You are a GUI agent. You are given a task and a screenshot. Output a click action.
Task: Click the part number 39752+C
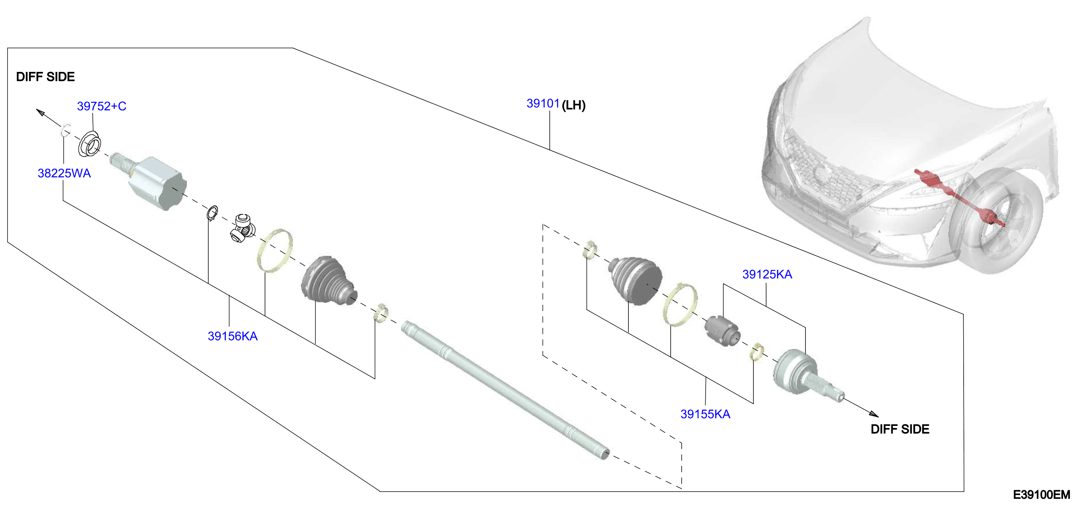(x=101, y=106)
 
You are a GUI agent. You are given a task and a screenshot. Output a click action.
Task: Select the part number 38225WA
(x=64, y=173)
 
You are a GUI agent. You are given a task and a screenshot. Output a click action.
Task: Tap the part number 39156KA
(x=233, y=336)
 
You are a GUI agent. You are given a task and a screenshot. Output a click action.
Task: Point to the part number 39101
(x=543, y=103)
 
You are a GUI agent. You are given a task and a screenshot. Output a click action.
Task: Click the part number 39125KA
(x=767, y=275)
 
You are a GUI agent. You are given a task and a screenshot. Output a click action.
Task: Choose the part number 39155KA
(x=705, y=414)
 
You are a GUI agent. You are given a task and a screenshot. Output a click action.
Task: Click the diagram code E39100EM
(x=1041, y=495)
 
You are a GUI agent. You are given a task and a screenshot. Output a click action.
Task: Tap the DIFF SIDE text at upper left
(x=45, y=77)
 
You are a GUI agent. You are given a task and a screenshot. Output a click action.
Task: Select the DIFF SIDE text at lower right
(x=900, y=429)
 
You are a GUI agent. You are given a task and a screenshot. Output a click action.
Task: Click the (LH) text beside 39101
(x=574, y=105)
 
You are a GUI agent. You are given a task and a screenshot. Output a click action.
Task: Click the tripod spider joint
(x=243, y=228)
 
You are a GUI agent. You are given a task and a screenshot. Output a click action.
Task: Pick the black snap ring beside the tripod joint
(x=212, y=213)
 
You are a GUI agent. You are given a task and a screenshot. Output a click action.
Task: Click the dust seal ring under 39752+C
(x=89, y=144)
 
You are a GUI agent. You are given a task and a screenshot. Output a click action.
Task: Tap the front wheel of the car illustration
(x=997, y=221)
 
